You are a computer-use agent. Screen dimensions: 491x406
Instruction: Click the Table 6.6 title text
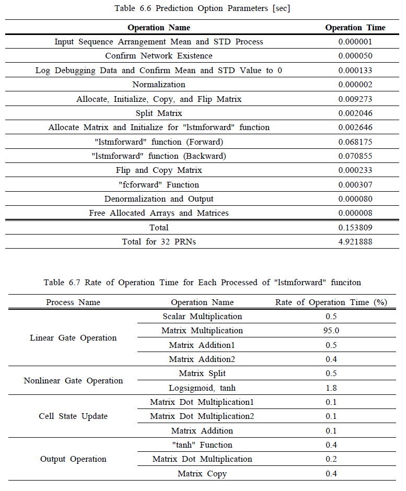(202, 8)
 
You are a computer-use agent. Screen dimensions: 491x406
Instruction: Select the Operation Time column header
(355, 28)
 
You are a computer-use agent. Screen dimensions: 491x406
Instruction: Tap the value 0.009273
(355, 99)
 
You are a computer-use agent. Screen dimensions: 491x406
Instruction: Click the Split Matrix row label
(159, 113)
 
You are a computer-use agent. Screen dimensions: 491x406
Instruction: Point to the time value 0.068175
(355, 142)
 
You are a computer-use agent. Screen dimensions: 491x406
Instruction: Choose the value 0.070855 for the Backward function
(355, 156)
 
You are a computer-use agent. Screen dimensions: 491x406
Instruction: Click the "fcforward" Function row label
(159, 184)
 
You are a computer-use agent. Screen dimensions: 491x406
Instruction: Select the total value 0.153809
(355, 228)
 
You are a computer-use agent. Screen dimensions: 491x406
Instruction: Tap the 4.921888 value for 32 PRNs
(355, 242)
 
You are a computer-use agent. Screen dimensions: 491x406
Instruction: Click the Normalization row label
(159, 85)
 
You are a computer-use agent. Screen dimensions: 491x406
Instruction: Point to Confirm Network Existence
(159, 56)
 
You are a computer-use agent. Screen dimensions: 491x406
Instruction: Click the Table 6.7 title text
(202, 283)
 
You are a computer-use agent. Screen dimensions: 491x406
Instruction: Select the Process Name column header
(73, 302)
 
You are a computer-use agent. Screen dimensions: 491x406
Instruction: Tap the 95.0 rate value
(331, 331)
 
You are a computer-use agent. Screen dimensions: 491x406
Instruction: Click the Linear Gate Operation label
(73, 338)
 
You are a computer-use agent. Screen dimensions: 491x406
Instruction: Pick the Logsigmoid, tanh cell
(202, 388)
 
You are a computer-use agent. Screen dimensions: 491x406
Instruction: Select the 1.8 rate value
(331, 388)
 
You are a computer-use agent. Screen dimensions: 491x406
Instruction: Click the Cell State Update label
(73, 416)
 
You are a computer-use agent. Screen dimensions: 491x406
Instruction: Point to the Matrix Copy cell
(202, 474)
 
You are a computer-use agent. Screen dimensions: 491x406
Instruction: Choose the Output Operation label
(73, 459)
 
